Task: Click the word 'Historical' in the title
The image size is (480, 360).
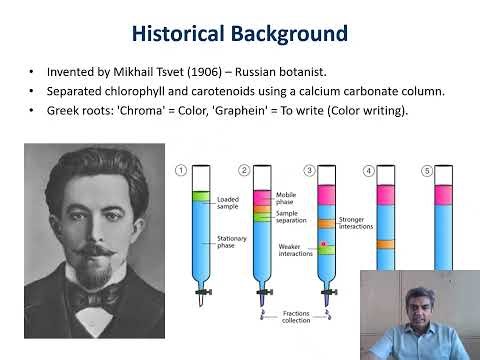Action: (180, 34)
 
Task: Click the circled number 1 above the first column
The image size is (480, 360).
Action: (181, 170)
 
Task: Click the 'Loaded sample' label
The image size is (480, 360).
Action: (229, 203)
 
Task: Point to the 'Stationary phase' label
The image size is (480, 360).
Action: (232, 242)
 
